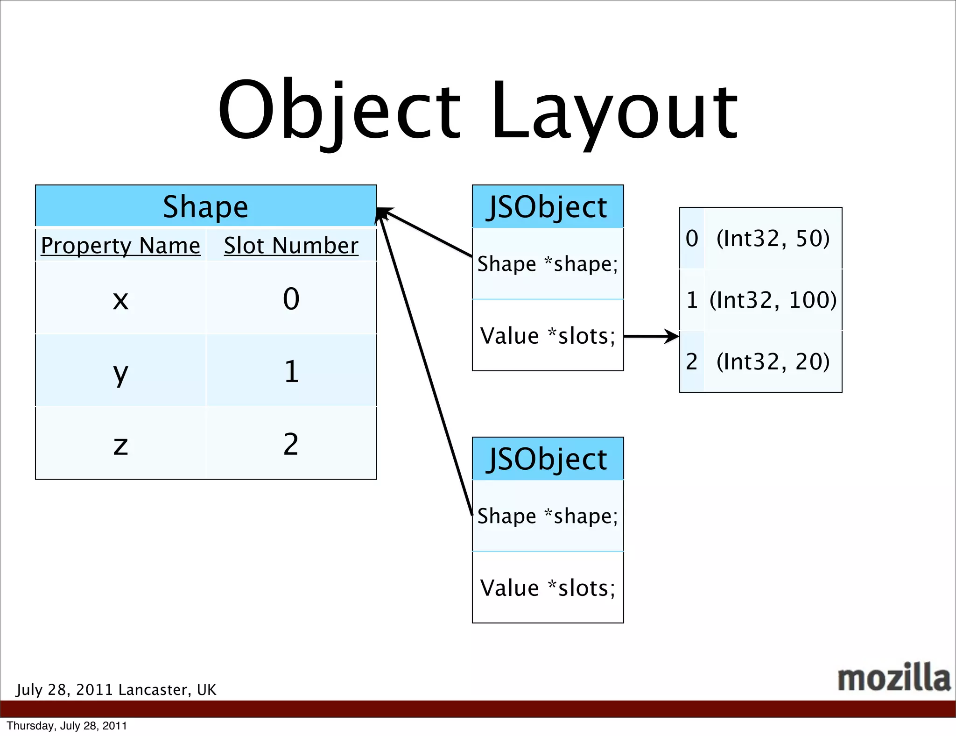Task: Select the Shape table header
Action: pos(206,206)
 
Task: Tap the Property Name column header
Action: pos(120,245)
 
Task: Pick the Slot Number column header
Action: pos(291,245)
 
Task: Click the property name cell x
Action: pos(120,299)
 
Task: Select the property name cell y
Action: pos(120,372)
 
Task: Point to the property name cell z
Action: pos(120,444)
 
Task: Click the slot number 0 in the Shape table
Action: pos(291,299)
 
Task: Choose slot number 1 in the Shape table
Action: pos(291,372)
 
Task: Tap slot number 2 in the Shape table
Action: pos(291,444)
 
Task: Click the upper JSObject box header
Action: pos(548,206)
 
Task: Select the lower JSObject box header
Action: pos(548,459)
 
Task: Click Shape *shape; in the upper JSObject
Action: pos(548,264)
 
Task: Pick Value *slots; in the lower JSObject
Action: pos(548,588)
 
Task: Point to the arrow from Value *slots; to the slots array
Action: pos(651,336)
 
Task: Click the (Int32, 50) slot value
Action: pos(773,238)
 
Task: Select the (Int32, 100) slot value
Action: pos(773,300)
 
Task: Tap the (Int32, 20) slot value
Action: pos(773,361)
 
